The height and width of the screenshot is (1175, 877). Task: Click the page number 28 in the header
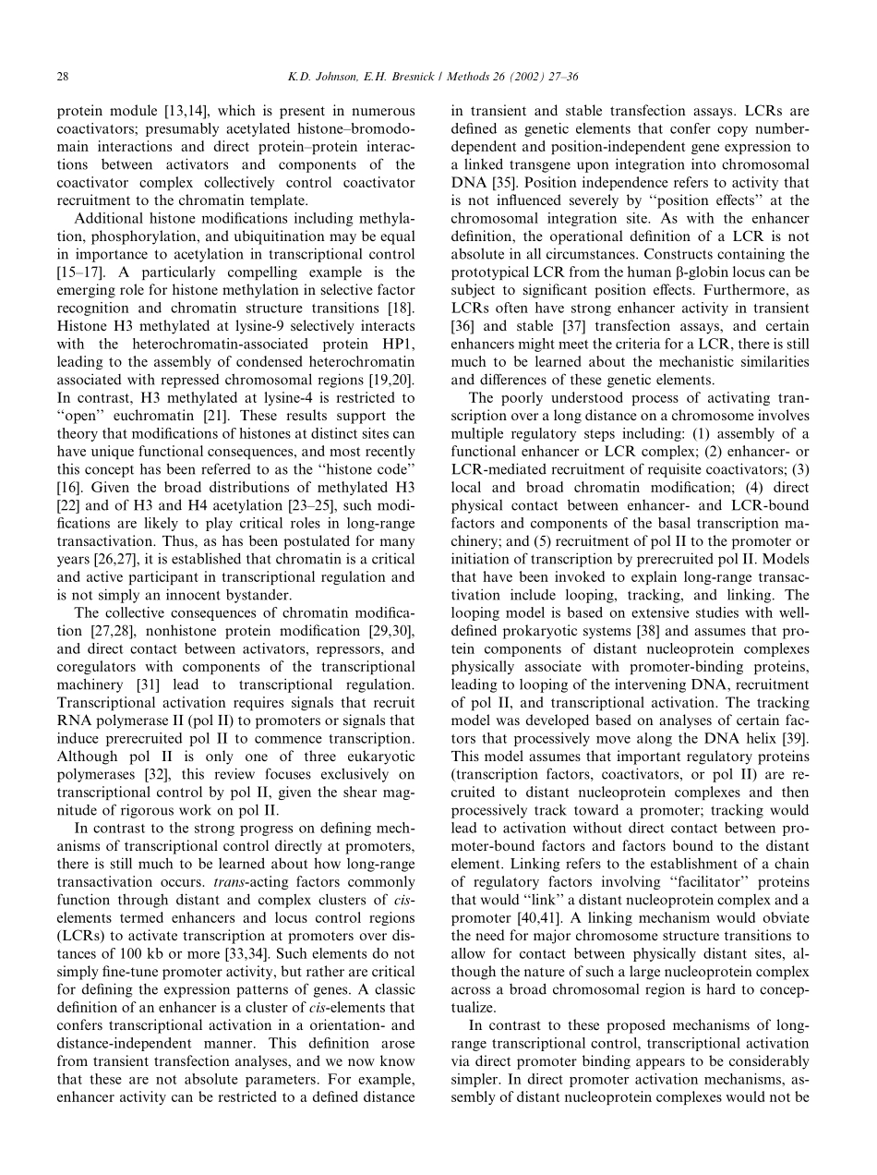pos(62,75)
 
